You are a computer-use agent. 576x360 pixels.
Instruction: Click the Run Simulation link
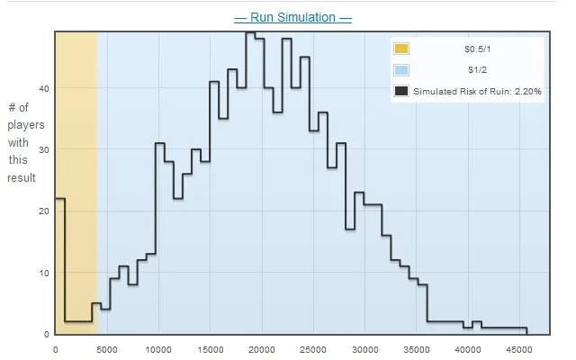tap(292, 18)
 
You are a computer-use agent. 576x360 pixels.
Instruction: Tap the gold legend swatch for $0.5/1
tap(401, 49)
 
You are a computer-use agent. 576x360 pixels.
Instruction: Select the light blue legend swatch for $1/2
tap(401, 70)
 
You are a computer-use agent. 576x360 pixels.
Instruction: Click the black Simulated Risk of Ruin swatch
tap(401, 90)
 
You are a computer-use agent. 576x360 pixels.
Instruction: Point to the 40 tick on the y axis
tap(46, 88)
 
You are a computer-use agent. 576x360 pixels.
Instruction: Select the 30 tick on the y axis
tap(46, 149)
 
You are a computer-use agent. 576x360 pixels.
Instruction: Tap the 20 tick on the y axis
tap(46, 211)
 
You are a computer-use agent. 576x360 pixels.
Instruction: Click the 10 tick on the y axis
tap(46, 273)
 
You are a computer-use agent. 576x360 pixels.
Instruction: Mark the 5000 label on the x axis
tap(107, 349)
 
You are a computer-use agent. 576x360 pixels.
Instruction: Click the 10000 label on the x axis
tap(158, 349)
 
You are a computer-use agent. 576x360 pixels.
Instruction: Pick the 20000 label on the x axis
tap(262, 349)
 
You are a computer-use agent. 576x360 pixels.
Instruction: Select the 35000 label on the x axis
tap(417, 349)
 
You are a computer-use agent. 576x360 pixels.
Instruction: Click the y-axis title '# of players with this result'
tap(21, 143)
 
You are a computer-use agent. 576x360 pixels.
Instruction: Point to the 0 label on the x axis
tap(56, 349)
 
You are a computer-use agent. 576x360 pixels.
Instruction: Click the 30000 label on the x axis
tap(364, 349)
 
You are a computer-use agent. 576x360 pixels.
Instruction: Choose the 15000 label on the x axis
tap(210, 349)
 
